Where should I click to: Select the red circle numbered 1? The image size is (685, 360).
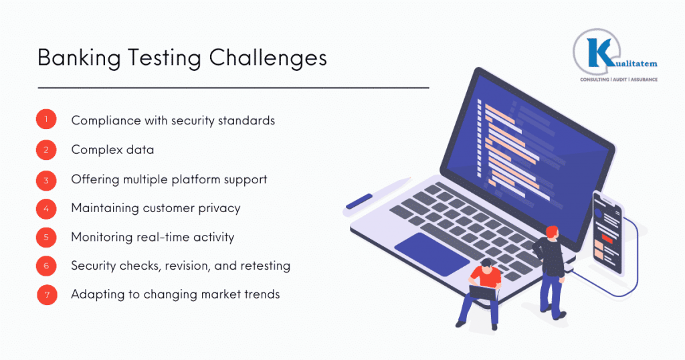pos(46,120)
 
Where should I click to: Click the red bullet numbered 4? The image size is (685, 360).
pos(46,208)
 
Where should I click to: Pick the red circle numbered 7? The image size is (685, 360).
pos(46,295)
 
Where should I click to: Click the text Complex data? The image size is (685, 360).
pos(112,149)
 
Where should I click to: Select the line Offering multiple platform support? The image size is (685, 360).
pos(169,179)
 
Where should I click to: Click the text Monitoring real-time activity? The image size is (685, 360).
pos(153,237)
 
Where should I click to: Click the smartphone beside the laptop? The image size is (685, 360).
pos(607,232)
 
